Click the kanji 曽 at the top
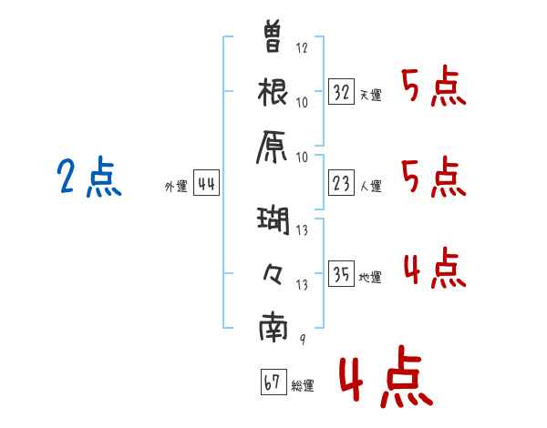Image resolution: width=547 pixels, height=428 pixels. tap(273, 36)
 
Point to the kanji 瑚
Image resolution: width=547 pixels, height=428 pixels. tap(273, 219)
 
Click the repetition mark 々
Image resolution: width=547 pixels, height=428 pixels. tap(273, 271)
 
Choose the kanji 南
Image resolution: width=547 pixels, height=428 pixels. tap(273, 328)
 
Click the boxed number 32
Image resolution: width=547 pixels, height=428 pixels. tap(342, 93)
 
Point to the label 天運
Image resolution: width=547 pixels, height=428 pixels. tap(370, 95)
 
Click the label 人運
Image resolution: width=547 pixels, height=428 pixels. tap(370, 187)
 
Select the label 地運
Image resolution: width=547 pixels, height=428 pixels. tap(370, 278)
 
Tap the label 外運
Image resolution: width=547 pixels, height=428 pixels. tap(175, 187)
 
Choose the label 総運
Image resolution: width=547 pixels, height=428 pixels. tap(303, 385)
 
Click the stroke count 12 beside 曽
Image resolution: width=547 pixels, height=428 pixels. tap(302, 47)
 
